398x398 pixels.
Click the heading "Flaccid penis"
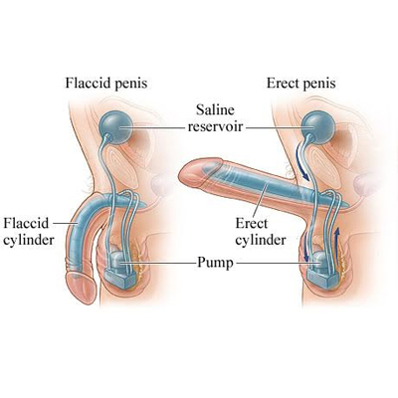click(106, 83)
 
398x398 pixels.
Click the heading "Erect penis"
click(301, 83)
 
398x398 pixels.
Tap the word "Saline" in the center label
click(215, 109)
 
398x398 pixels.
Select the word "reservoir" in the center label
click(215, 126)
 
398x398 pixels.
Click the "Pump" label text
click(216, 263)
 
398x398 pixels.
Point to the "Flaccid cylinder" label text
click(29, 231)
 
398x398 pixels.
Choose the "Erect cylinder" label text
click(261, 232)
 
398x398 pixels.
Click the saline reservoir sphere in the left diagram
click(115, 127)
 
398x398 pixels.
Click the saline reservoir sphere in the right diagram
click(318, 127)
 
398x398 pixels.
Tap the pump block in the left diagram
click(120, 270)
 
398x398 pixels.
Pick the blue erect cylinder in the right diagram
click(272, 185)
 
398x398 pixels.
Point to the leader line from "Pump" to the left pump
click(158, 263)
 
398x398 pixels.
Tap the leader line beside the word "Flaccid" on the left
click(66, 223)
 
